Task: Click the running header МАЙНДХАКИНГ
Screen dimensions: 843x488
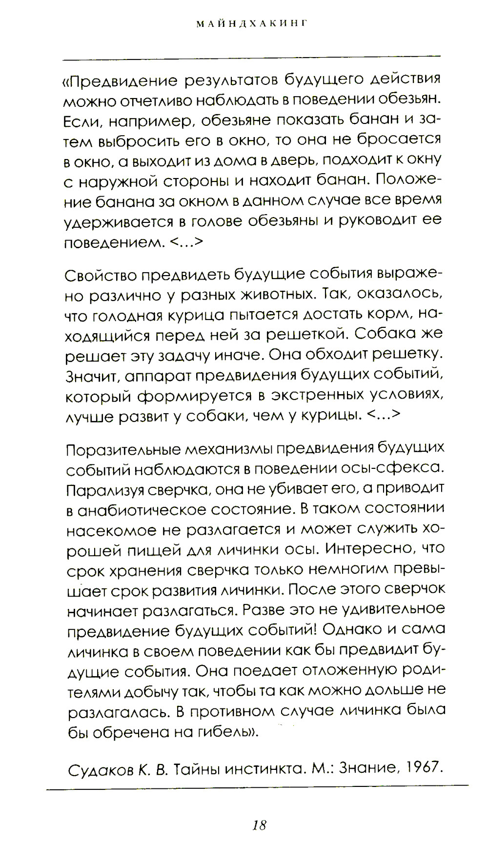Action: [x=252, y=24]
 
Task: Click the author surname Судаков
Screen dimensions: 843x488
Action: [x=100, y=770]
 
